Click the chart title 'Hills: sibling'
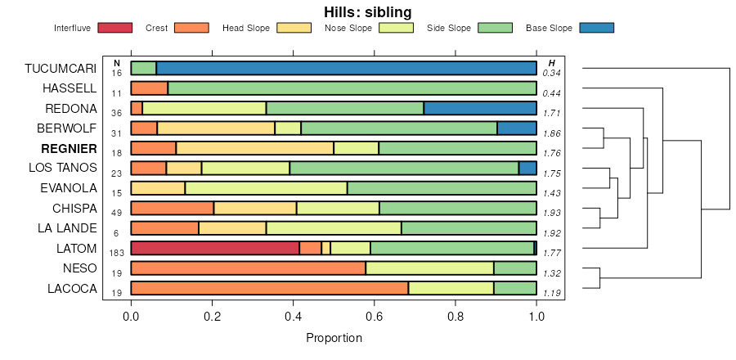click(367, 12)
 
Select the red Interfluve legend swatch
click(114, 28)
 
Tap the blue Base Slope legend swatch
click(596, 28)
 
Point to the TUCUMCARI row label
click(61, 68)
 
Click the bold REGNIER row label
click(69, 148)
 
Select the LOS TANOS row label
click(65, 168)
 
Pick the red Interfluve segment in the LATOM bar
click(215, 248)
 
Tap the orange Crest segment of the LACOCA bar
click(269, 288)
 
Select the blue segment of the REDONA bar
click(480, 108)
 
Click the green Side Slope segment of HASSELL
click(352, 88)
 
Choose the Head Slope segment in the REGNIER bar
click(254, 148)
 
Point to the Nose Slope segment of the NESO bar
click(429, 268)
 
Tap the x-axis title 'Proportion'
click(334, 338)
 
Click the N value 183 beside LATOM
click(116, 253)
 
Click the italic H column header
click(552, 63)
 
